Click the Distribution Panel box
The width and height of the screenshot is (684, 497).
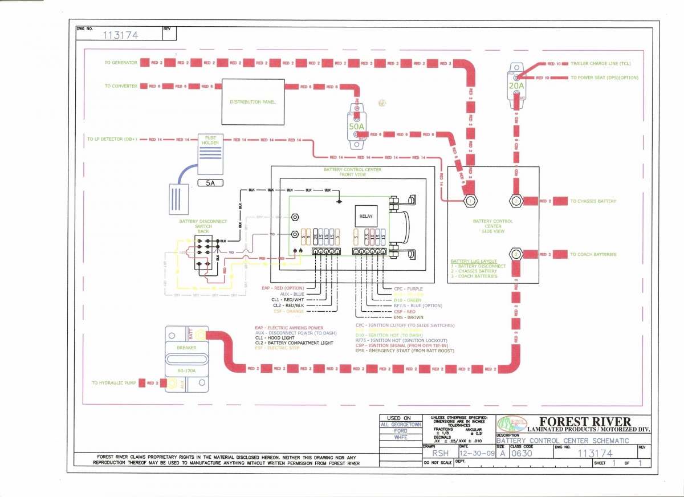tap(253, 102)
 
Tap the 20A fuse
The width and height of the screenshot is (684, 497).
tap(516, 85)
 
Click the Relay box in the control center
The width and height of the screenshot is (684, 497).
tap(365, 216)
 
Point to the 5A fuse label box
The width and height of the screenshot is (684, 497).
tap(210, 184)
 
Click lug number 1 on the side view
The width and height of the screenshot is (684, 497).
tap(469, 201)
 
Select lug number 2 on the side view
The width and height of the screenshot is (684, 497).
tap(515, 201)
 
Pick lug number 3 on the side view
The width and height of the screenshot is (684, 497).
tap(515, 254)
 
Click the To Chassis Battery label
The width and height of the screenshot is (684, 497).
tap(593, 201)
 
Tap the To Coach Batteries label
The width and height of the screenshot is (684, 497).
tap(593, 254)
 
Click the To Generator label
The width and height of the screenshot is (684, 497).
tap(121, 63)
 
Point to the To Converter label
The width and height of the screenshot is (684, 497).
tap(121, 86)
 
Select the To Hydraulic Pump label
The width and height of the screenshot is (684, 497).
tap(114, 383)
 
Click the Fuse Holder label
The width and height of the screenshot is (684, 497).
tap(210, 140)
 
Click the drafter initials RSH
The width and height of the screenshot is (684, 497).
tap(440, 454)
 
